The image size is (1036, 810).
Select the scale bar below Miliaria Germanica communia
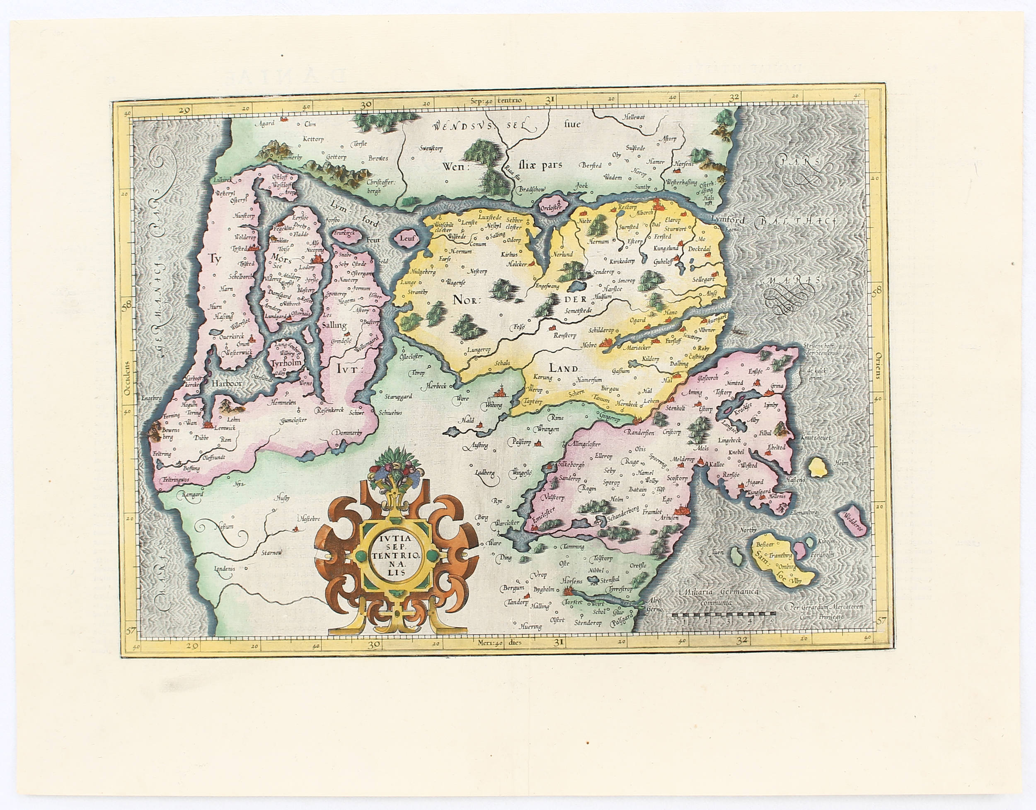tap(721, 619)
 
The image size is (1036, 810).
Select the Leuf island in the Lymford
tap(407, 239)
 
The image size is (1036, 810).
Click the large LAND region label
tap(563, 368)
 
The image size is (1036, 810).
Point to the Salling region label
tap(334, 325)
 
